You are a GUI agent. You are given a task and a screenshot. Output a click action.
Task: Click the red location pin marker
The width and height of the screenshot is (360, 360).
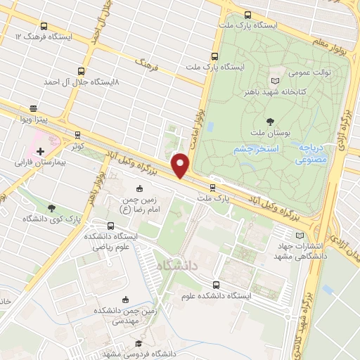click(x=181, y=165)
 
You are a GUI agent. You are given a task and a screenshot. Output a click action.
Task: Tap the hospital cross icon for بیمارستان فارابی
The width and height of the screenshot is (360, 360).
click(x=40, y=150)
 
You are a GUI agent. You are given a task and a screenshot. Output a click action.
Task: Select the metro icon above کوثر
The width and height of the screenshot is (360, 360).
click(x=77, y=135)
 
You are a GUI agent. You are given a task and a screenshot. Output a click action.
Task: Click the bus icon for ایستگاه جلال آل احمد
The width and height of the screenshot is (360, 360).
click(x=82, y=71)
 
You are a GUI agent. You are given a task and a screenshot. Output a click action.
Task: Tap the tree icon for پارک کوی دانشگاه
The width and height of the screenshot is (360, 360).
click(x=51, y=208)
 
